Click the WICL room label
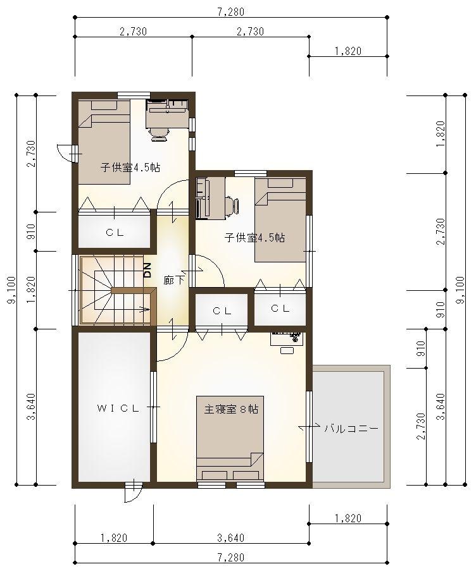[118, 408]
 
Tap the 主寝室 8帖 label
[231, 409]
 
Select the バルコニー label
[351, 429]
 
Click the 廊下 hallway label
[174, 280]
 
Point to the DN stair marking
[147, 270]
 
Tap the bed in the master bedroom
[230, 438]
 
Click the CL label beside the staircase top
[115, 233]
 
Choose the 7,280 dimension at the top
[231, 12]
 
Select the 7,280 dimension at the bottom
[231, 558]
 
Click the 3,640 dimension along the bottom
[231, 538]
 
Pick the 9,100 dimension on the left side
[12, 290]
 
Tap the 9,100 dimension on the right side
[461, 290]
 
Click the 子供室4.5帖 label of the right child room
[254, 238]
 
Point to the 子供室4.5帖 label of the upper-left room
[130, 168]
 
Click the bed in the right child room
[280, 219]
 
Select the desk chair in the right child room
[232, 207]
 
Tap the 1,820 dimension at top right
[348, 51]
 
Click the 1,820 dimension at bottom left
[114, 538]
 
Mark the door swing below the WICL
[133, 492]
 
